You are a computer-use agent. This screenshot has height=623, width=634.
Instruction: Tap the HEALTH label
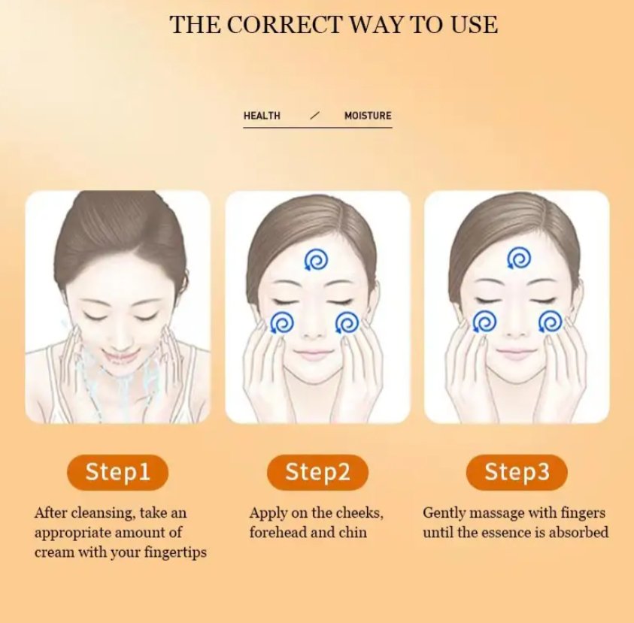point(262,116)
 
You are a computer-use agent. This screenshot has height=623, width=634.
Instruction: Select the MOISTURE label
point(368,116)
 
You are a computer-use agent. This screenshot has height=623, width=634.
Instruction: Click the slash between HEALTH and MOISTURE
point(314,116)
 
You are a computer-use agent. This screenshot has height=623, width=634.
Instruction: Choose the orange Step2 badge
point(317,472)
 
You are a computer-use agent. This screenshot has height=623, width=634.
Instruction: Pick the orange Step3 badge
point(517,472)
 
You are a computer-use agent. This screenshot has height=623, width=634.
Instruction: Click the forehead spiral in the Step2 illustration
point(316,260)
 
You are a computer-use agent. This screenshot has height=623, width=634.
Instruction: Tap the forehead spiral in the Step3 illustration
point(518,259)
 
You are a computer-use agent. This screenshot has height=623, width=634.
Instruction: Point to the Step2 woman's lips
point(316,353)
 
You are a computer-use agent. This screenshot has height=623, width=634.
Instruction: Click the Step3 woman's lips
point(517,352)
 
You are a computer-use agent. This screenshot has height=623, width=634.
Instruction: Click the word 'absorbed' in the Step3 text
point(580,533)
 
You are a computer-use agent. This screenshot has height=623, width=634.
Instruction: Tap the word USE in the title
point(473,24)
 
